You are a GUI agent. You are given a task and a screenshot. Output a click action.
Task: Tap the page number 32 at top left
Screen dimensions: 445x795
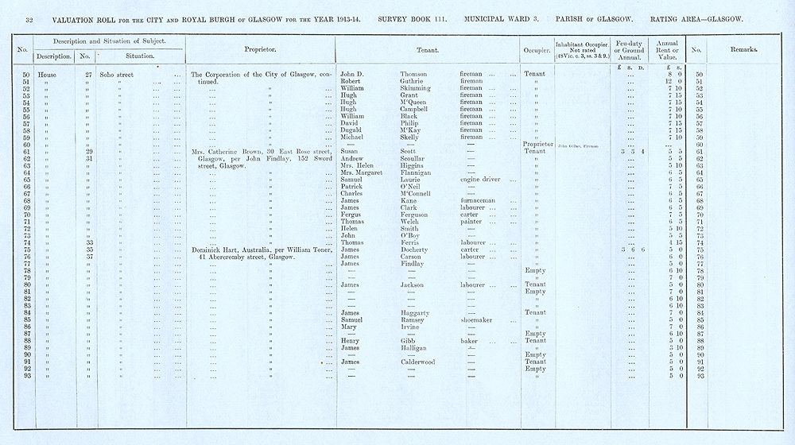pos(29,18)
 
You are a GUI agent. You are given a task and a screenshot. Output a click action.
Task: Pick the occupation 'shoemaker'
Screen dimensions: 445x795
pos(479,320)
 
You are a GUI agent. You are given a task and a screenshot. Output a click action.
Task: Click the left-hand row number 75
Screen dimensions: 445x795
pos(26,250)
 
